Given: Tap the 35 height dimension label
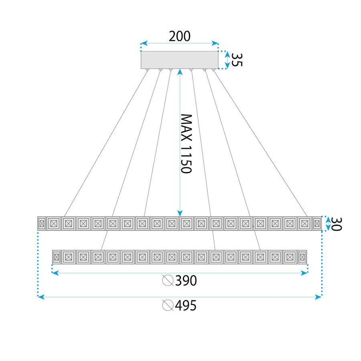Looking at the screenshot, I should pos(237,60).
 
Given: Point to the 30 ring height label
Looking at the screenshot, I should pos(336,224).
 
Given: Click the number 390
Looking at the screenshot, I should pos(186,281).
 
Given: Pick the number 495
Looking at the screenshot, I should pos(186,306).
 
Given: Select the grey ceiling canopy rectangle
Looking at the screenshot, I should pos(179,60).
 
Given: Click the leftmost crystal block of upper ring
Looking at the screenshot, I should pos(41,223).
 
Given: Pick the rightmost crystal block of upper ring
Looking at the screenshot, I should pos(317,223).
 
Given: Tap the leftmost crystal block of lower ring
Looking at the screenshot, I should pos(57,257).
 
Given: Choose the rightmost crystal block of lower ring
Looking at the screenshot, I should pos(302,257).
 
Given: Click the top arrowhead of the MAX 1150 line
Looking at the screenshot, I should pos(180,71).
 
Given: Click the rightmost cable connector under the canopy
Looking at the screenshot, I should pos(213,70).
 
